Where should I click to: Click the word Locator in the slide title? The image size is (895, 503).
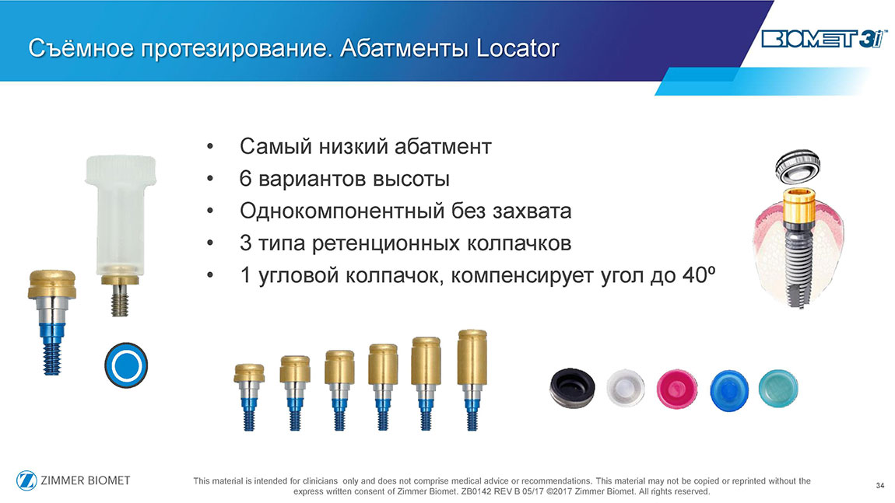[x=518, y=48]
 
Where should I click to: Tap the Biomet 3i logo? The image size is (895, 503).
[x=824, y=40]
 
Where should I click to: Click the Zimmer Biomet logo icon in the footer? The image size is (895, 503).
[x=26, y=480]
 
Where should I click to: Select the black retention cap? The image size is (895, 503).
[x=572, y=389]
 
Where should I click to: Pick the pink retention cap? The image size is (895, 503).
[x=677, y=389]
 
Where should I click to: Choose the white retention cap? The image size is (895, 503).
[x=626, y=389]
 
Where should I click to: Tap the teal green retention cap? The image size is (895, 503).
[x=778, y=388]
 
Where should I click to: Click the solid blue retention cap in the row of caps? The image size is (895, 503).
[x=729, y=390]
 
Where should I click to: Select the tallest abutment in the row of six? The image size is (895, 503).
[x=472, y=380]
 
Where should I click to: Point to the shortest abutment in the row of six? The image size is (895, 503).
[x=249, y=397]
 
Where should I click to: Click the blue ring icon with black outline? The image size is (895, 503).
[x=126, y=365]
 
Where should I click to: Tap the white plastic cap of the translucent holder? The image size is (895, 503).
[x=121, y=169]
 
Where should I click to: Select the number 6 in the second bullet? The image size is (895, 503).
[x=245, y=179]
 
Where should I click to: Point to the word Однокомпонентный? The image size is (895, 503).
[x=342, y=211]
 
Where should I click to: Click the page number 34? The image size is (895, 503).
[x=879, y=485]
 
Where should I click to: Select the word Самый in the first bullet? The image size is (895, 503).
[x=276, y=147]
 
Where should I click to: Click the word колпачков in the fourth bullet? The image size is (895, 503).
[x=519, y=243]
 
